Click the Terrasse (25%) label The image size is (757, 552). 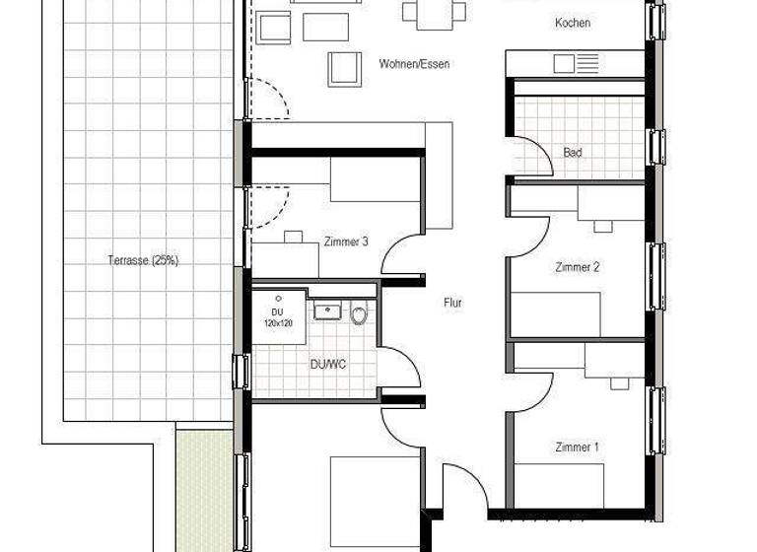[x=143, y=260]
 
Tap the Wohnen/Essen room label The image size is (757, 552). [x=414, y=64]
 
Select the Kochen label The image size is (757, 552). [x=572, y=23]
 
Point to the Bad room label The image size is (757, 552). [x=573, y=152]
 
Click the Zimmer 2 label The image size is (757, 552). [x=578, y=267]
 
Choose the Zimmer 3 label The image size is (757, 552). [x=345, y=241]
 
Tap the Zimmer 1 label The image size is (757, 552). [x=577, y=448]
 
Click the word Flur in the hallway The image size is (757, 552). [x=452, y=304]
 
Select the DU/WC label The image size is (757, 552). [x=328, y=364]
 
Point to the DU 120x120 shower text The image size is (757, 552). [x=278, y=317]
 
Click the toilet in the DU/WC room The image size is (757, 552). [x=359, y=315]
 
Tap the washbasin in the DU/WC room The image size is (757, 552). [x=327, y=311]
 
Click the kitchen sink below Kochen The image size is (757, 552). [x=576, y=64]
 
